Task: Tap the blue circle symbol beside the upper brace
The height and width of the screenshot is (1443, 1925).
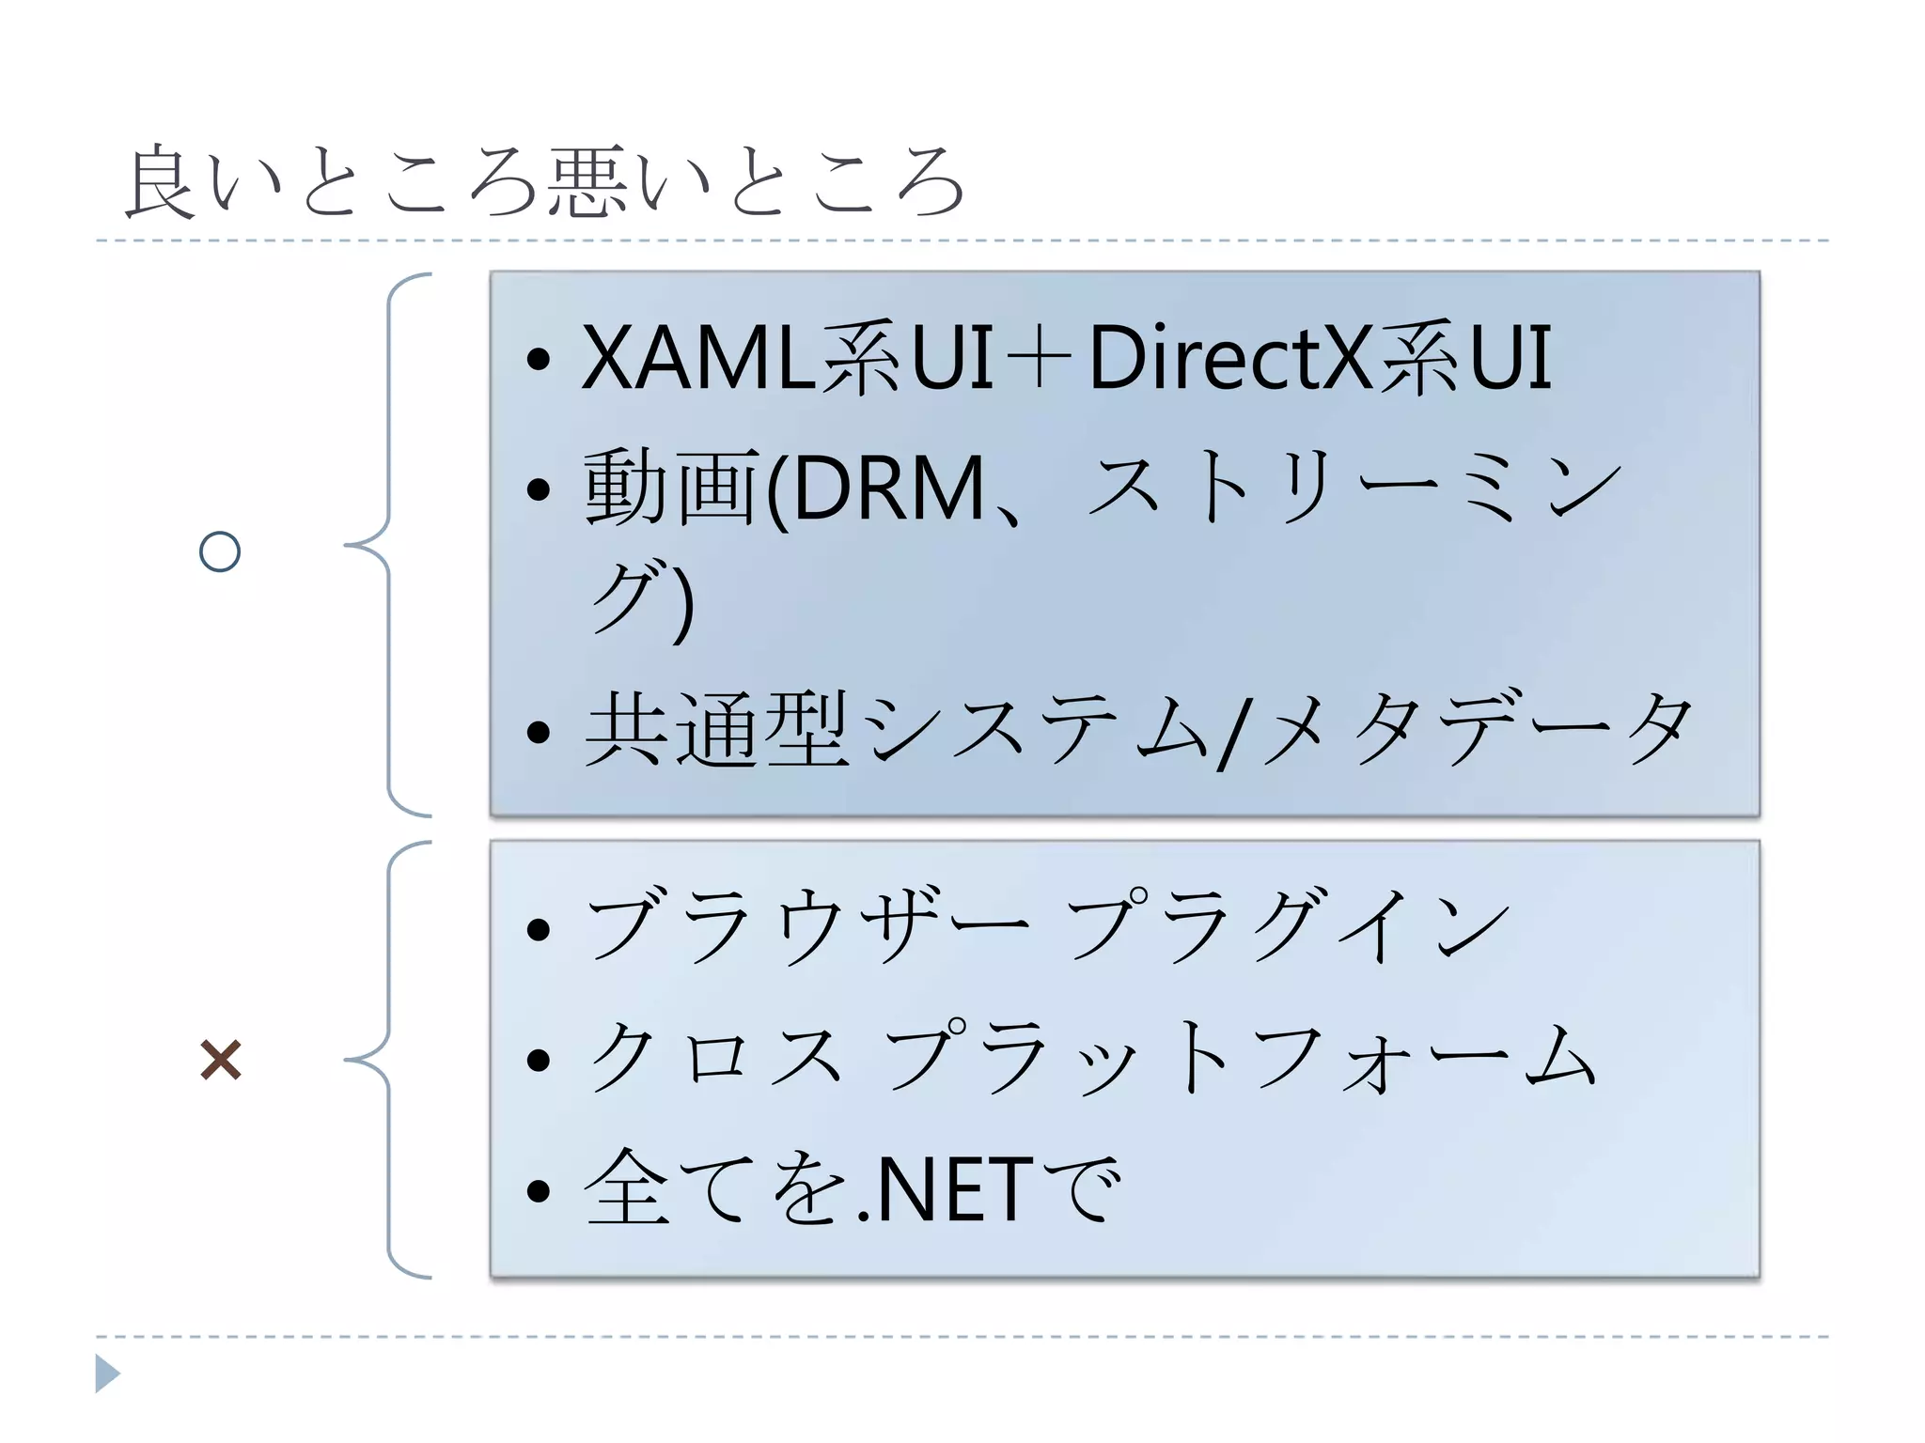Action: [220, 551]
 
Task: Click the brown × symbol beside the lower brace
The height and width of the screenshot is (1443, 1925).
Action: [221, 1060]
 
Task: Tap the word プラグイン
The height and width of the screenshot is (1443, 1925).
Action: [1288, 926]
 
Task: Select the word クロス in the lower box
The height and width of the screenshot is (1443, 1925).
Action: [714, 1058]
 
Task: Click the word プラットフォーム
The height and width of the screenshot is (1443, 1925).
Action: [1241, 1058]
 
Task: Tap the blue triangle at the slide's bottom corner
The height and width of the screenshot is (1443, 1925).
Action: [107, 1373]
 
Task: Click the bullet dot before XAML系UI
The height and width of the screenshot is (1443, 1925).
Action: [538, 358]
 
